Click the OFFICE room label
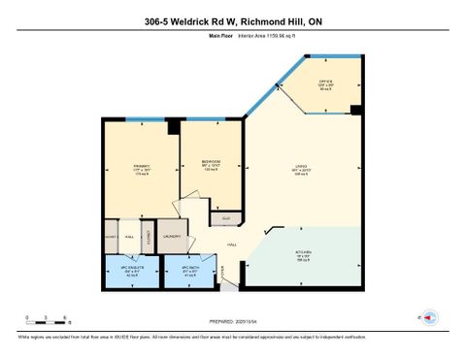click(x=327, y=84)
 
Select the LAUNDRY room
click(x=172, y=236)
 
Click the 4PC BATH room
click(x=187, y=271)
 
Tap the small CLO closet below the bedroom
click(x=225, y=218)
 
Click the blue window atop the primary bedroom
click(x=138, y=119)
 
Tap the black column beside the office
click(x=356, y=110)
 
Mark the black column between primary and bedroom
click(x=174, y=126)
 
